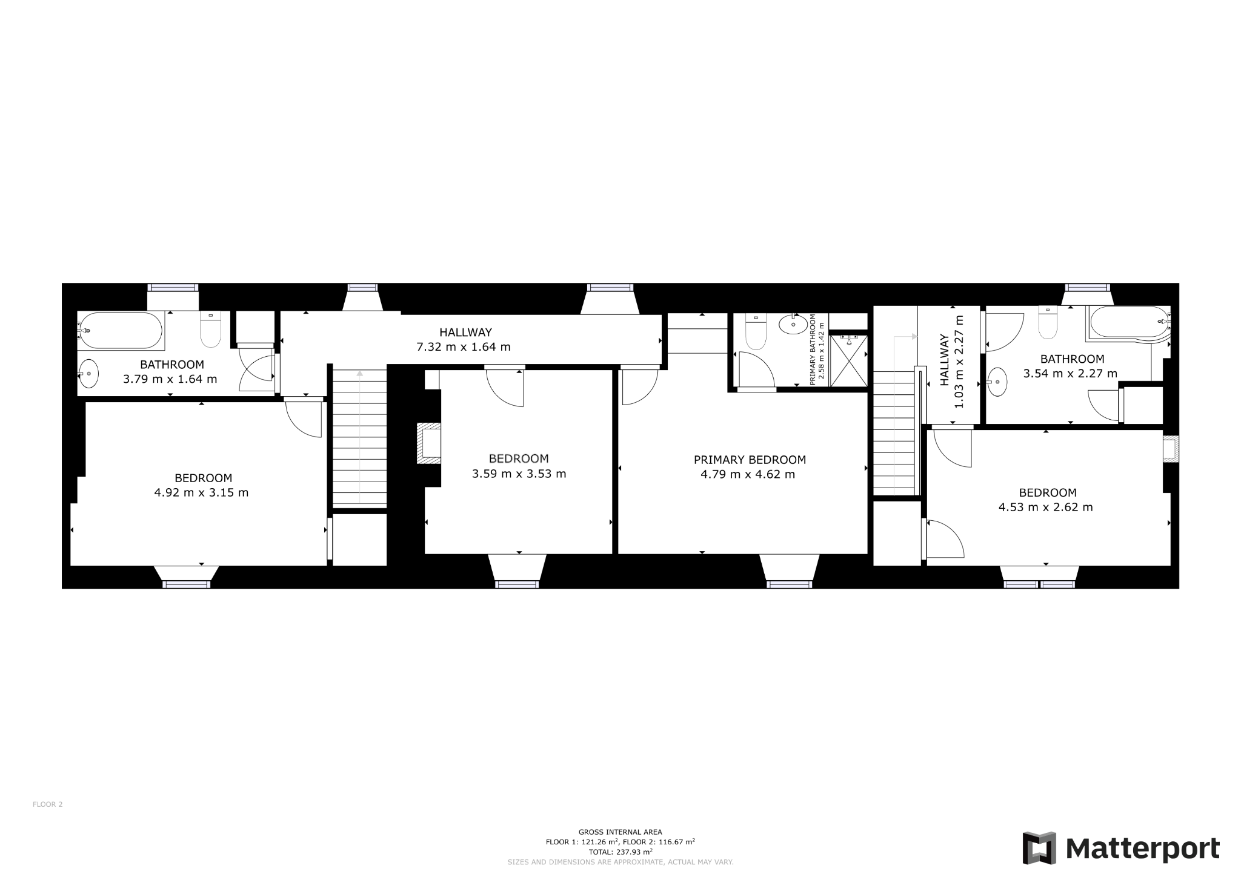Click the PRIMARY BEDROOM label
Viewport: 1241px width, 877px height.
coord(750,460)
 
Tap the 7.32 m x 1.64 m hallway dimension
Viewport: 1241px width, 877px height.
coord(463,347)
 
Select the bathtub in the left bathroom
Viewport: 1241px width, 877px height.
coord(121,331)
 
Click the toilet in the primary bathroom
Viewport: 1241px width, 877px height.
coord(755,331)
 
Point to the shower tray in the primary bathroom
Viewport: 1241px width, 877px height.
coord(848,360)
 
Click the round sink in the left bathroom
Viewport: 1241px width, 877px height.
coord(89,374)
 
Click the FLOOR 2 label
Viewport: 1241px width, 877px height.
coord(47,804)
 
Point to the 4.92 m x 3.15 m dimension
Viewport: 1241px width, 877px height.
coord(201,492)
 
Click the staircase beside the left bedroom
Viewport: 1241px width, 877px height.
coord(360,437)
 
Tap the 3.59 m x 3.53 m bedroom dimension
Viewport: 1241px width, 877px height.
coord(519,474)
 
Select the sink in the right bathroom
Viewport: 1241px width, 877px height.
coord(996,382)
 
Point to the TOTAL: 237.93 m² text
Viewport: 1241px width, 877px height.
coord(620,852)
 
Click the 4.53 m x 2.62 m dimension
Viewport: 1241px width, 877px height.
coord(1046,507)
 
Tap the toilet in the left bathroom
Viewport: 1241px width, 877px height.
coord(210,329)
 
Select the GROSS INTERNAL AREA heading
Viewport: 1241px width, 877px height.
coord(620,832)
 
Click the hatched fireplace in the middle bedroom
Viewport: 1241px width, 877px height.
coord(428,443)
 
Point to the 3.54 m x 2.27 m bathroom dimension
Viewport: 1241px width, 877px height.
coord(1070,374)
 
